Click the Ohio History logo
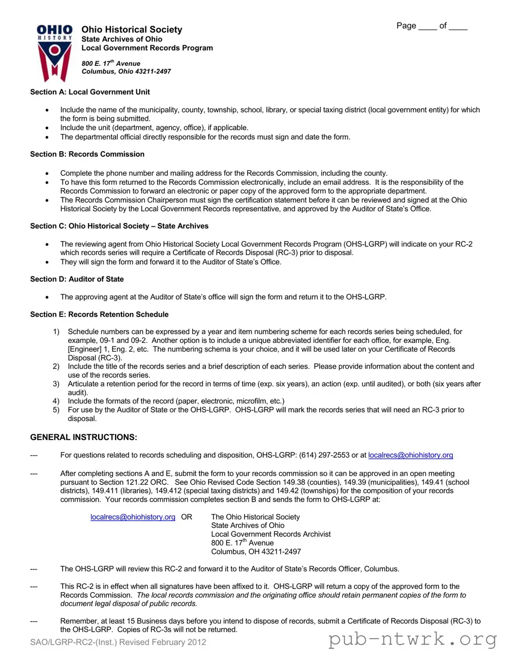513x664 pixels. pos(54,53)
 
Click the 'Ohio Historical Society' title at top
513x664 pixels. pos(132,30)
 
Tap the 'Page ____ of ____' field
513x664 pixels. pos(431,26)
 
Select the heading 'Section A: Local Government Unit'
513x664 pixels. pos(90,92)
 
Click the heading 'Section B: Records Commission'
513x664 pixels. pos(87,154)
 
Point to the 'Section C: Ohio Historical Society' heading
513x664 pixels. pos(119,226)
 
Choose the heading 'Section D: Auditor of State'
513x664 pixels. pos(77,279)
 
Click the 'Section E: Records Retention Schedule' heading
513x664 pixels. pos(99,315)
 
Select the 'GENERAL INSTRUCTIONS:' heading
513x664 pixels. pos(84,437)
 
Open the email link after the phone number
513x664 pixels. pos(410,455)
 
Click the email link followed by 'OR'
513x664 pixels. pos(133,517)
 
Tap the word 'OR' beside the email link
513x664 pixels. pos(187,517)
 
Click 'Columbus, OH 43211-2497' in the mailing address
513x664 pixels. pos(256,551)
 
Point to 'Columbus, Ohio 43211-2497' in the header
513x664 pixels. pos(126,71)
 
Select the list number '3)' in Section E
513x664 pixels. pos(56,384)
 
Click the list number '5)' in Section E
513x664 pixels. pos(56,410)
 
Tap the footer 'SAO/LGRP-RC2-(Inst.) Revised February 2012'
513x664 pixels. pos(118,642)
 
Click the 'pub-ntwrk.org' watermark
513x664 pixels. pos(412,639)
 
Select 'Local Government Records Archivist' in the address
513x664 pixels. pos(271,534)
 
